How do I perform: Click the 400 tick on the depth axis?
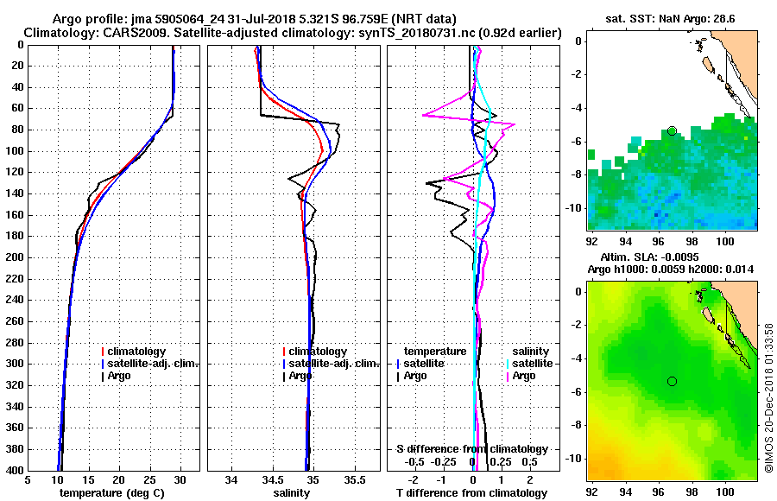click(16, 470)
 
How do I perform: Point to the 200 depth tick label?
click(16, 257)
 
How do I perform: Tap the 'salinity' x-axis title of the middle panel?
click(292, 493)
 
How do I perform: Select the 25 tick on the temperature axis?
click(149, 479)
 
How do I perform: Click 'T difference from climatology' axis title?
click(471, 493)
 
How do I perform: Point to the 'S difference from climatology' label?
click(471, 449)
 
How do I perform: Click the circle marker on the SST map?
click(672, 130)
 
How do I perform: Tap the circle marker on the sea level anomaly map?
click(672, 381)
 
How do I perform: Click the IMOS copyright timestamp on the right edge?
click(768, 397)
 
